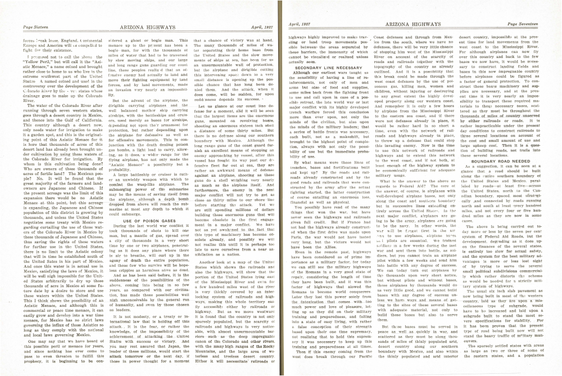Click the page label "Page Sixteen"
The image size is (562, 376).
click(35, 26)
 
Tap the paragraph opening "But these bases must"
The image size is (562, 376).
click(422, 318)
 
